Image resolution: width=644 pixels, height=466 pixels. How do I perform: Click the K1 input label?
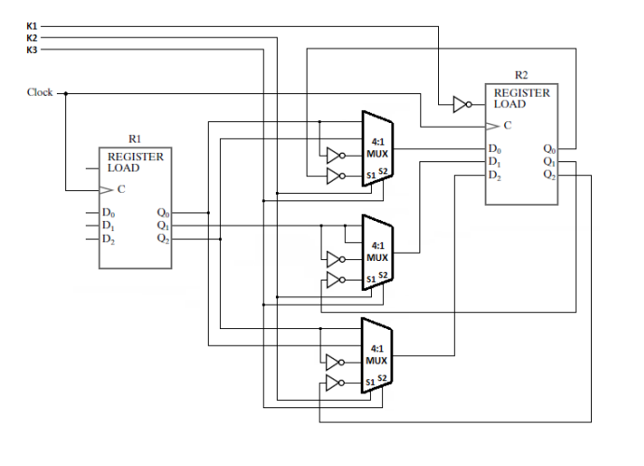[32, 26]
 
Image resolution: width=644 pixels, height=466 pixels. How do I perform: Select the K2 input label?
[32, 37]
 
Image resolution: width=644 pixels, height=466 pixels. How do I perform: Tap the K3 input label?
[32, 49]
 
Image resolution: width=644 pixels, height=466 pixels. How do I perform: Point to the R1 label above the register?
[134, 138]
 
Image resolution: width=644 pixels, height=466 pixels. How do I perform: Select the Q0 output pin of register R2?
[549, 148]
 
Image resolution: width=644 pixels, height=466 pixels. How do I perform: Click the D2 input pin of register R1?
[108, 240]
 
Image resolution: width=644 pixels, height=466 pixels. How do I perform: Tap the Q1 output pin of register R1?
[163, 226]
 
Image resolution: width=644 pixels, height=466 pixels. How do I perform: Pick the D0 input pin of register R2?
[494, 148]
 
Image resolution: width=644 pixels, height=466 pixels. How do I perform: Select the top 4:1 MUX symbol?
[377, 147]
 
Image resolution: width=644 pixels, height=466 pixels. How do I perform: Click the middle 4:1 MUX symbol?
[377, 251]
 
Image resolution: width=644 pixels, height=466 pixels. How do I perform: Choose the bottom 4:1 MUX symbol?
[377, 354]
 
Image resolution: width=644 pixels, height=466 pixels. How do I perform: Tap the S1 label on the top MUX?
[370, 175]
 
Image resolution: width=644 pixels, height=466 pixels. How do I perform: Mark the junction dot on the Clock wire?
[66, 94]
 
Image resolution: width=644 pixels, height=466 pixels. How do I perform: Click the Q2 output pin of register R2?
[549, 174]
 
